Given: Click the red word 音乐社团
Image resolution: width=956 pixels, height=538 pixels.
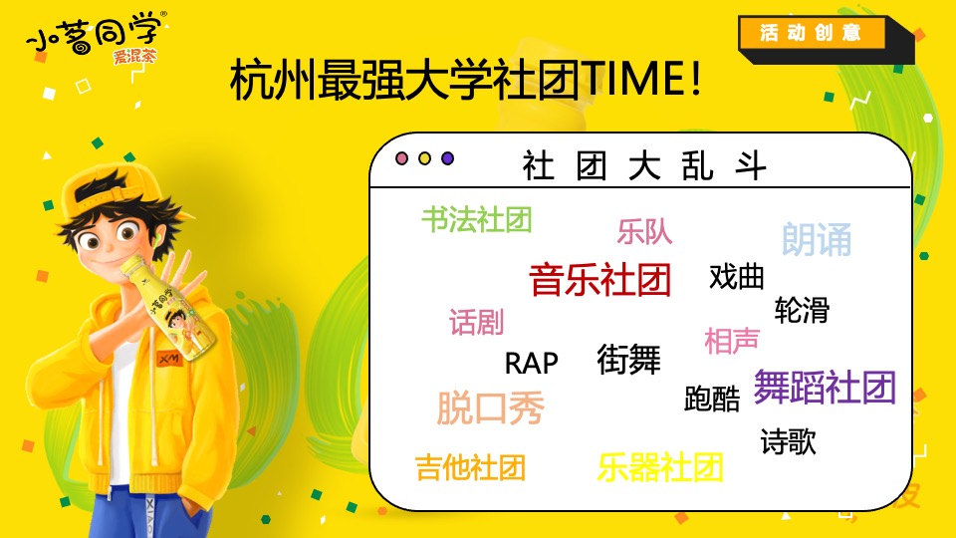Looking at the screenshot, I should tap(599, 280).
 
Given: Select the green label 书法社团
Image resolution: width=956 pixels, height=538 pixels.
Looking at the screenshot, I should tap(476, 219).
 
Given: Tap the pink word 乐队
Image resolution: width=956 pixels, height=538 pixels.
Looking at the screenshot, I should tap(644, 232).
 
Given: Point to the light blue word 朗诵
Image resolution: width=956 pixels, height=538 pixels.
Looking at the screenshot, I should tap(817, 239).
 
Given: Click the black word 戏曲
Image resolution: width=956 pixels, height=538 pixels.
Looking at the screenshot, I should tap(737, 276).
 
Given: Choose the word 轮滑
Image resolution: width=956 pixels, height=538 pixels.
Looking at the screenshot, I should tap(802, 310).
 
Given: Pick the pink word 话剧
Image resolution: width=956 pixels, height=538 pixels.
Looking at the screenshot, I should tap(476, 322).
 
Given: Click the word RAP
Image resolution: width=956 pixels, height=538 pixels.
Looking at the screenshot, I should tap(531, 363).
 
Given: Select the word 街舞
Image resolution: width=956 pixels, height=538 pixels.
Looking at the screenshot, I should tap(628, 359).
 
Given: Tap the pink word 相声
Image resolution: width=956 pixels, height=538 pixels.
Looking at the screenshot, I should tap(732, 341).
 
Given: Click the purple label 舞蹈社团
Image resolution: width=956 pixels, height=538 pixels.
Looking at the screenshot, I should tap(825, 387).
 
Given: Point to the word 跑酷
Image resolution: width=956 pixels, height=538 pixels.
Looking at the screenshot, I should tap(712, 400).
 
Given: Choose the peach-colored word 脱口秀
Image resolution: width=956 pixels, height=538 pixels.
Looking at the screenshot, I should tap(491, 407).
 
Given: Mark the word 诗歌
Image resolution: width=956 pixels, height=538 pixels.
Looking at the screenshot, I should tap(788, 441).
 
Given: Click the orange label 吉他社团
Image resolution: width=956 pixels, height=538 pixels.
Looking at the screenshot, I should tap(470, 466).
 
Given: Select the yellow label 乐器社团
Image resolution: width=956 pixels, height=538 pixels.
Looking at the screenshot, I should tap(660, 466).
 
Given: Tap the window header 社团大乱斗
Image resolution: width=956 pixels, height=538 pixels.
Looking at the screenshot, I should tap(644, 165).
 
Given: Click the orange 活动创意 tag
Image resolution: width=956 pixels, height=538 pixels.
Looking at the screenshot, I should tap(811, 33).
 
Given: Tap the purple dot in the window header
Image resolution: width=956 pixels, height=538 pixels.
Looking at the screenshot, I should tap(447, 158).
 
